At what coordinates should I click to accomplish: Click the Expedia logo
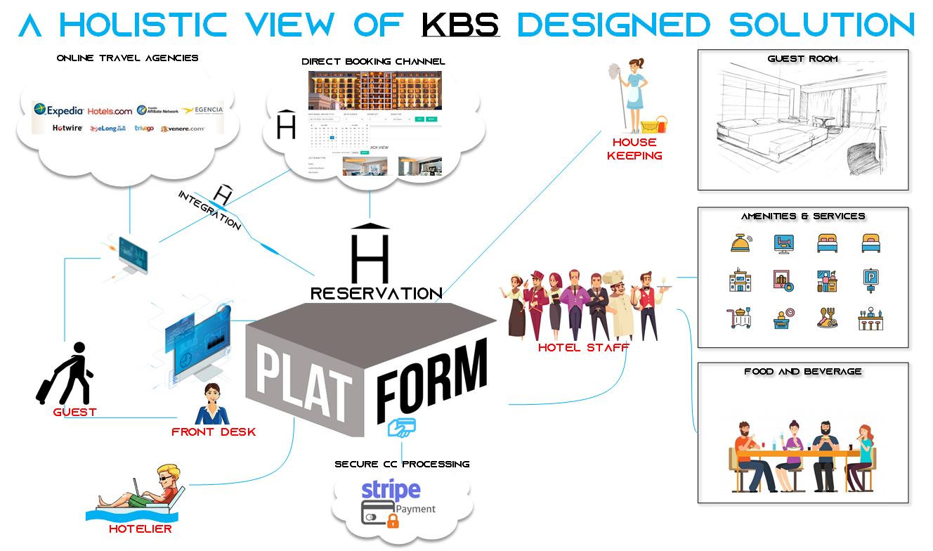click(58, 110)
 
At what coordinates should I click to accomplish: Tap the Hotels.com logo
click(110, 111)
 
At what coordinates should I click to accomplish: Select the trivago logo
click(144, 128)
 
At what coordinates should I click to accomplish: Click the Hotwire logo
click(67, 128)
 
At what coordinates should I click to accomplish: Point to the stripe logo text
click(391, 490)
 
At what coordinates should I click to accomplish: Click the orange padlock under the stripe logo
click(392, 520)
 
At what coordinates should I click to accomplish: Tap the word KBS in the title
click(460, 25)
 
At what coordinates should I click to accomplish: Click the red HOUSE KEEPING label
click(634, 149)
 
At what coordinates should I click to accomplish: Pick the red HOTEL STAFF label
click(583, 347)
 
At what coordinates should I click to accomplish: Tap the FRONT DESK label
click(214, 432)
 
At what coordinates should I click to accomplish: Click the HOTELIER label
click(141, 529)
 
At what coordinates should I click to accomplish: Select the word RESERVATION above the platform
click(376, 293)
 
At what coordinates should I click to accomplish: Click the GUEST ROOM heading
click(803, 58)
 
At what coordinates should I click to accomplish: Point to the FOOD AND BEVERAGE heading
click(802, 371)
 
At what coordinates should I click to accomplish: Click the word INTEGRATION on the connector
click(209, 209)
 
